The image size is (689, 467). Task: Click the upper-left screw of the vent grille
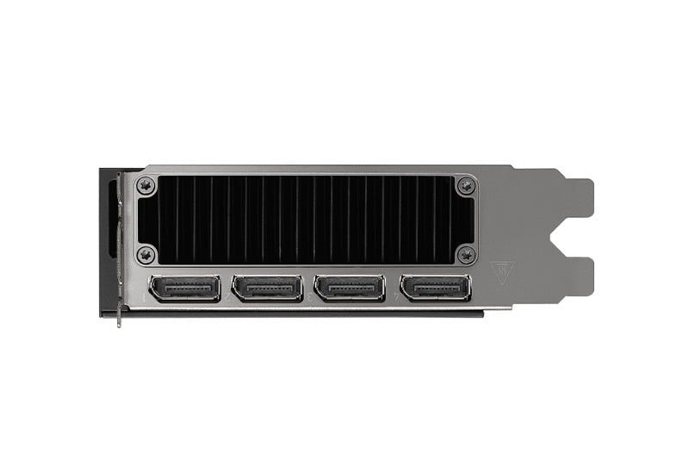click(146, 184)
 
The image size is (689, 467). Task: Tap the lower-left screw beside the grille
click(146, 254)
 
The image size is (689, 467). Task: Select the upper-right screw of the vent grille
click(466, 185)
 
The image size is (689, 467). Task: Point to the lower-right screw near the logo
click(466, 254)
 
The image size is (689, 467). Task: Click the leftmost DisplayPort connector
click(184, 288)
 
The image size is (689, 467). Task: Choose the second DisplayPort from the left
click(267, 288)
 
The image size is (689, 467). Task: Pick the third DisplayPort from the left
click(350, 288)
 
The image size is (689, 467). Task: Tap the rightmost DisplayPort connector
click(436, 288)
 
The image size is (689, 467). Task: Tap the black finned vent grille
click(306, 220)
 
